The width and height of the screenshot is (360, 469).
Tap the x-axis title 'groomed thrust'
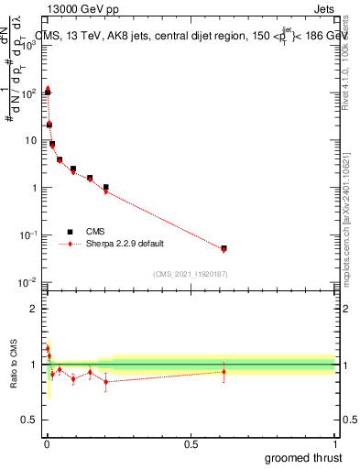303,458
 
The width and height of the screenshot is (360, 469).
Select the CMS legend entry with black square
92,232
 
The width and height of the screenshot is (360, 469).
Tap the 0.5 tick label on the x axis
191,442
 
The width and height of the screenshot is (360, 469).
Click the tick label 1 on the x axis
334,442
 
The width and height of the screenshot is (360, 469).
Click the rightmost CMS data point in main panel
224,247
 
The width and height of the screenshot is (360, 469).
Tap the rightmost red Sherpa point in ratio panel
224,371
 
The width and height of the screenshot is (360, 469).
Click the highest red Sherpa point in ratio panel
47,348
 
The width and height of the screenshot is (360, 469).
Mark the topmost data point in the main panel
47,89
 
